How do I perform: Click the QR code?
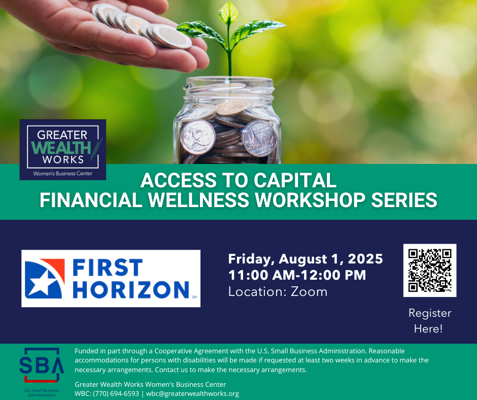coord(429,271)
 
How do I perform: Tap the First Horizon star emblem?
coord(45,279)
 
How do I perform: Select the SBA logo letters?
coord(42,365)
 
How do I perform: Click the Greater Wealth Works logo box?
coord(62,149)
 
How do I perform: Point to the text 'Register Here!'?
coord(429,321)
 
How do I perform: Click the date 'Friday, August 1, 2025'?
coord(305,259)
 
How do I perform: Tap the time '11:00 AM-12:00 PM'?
coord(297,275)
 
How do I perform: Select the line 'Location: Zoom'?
coord(278,292)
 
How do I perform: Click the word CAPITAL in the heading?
coord(295,180)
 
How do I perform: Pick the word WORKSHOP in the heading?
coord(310,200)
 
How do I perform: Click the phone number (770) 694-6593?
coord(116,393)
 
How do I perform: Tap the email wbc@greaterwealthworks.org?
coord(192,393)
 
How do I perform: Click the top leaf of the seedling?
coord(228,13)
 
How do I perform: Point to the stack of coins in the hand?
coord(142,26)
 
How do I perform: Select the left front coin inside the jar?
coord(198,137)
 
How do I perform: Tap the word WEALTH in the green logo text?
coord(61,148)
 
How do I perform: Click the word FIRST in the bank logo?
coord(108,268)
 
